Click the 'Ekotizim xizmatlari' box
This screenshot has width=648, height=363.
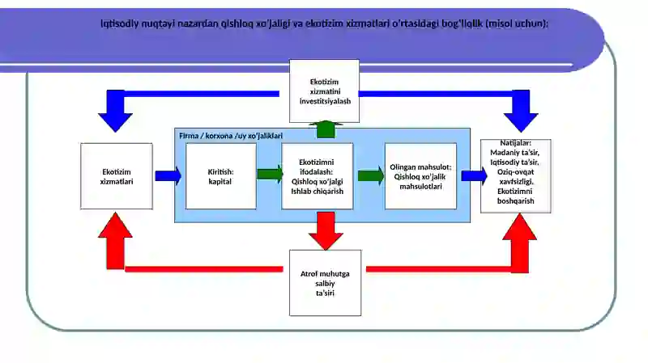117,176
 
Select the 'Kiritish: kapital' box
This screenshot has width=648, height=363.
220,176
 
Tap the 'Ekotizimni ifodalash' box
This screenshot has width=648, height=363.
317,176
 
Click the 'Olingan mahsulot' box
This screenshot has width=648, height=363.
420,176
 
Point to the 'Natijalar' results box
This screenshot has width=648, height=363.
515,176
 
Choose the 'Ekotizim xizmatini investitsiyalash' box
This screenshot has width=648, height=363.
324,91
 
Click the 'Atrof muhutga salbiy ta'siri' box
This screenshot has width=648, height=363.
325,283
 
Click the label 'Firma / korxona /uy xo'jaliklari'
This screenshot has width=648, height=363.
231,136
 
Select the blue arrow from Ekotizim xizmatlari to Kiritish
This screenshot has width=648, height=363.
168,175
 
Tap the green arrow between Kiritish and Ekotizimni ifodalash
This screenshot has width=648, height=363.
270,174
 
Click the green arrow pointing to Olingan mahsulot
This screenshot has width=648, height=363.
371,175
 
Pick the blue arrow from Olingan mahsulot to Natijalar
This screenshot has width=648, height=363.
474,175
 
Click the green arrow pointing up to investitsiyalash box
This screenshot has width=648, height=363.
326,129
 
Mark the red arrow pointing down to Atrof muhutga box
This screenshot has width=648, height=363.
326,231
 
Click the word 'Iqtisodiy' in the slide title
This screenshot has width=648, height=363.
119,23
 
